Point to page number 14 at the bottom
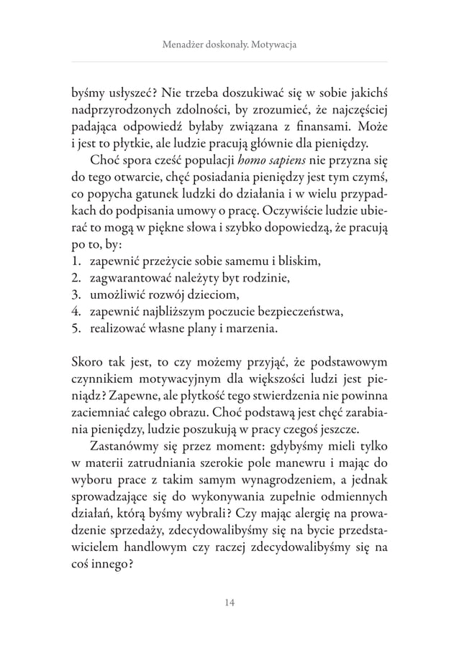(x=229, y=602)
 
